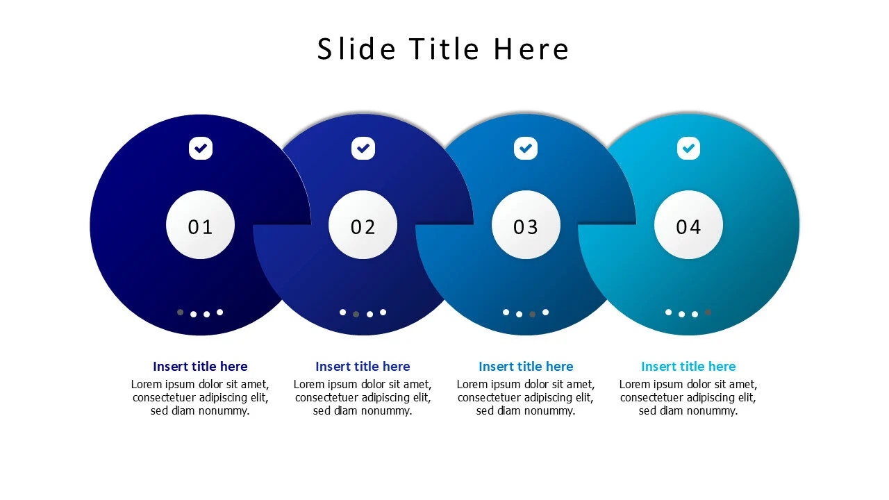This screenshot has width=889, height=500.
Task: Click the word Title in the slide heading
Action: [444, 49]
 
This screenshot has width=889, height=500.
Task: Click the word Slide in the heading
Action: [356, 49]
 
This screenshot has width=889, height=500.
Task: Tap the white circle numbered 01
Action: [201, 225]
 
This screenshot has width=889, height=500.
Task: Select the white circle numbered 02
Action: [363, 225]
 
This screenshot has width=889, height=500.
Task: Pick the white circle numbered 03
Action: [526, 225]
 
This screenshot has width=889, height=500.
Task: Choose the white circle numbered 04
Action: [688, 225]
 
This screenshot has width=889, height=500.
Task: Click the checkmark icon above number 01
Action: [201, 149]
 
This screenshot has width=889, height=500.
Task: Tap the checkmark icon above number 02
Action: [363, 149]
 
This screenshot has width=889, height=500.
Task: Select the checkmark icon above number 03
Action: [526, 149]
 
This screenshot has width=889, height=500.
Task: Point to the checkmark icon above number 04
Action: [688, 149]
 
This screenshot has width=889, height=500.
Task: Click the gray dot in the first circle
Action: [180, 312]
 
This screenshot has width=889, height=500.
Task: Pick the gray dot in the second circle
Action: [356, 315]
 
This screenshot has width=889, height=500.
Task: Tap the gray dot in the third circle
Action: [532, 315]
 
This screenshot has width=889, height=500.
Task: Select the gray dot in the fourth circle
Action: [708, 312]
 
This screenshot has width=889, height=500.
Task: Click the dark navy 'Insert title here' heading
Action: [201, 366]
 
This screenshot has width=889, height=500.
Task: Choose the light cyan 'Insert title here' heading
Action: [688, 366]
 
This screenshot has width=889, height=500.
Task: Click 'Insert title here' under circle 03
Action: [526, 366]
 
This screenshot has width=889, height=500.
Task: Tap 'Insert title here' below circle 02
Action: [363, 366]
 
